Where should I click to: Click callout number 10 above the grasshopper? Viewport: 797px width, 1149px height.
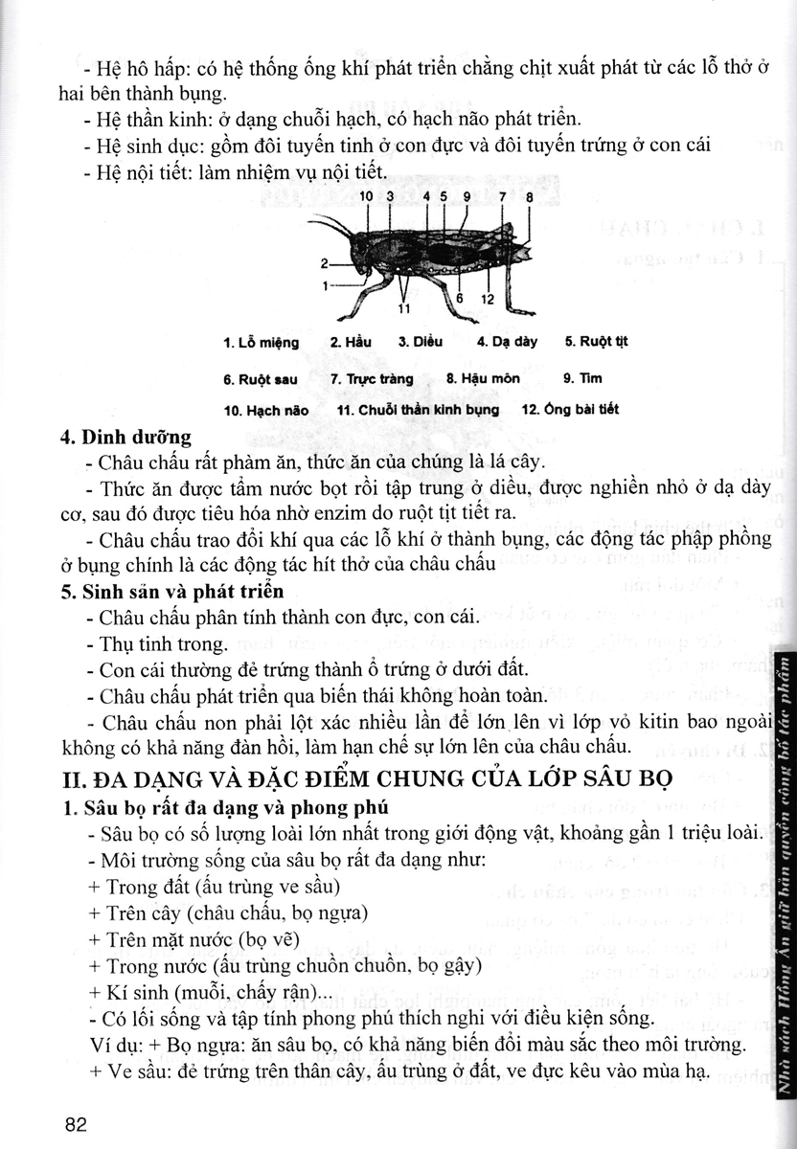pyautogui.click(x=367, y=195)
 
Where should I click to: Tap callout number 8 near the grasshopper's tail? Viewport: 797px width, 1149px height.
pyautogui.click(x=529, y=196)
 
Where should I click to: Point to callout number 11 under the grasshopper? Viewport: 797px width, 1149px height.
pyautogui.click(x=403, y=308)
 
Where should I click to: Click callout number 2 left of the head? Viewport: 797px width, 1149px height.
pyautogui.click(x=324, y=262)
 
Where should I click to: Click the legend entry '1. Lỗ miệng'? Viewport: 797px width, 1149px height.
pyautogui.click(x=261, y=343)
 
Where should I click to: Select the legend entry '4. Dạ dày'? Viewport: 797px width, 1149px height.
pyautogui.click(x=507, y=342)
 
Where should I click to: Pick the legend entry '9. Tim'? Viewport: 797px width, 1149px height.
pyautogui.click(x=583, y=377)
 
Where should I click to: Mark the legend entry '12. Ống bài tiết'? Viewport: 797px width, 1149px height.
pyautogui.click(x=570, y=409)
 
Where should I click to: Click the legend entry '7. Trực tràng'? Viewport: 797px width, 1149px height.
pyautogui.click(x=372, y=378)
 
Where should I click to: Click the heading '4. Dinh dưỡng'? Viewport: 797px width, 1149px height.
pyautogui.click(x=125, y=438)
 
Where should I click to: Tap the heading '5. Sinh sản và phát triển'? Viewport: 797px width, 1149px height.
pyautogui.click(x=171, y=590)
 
